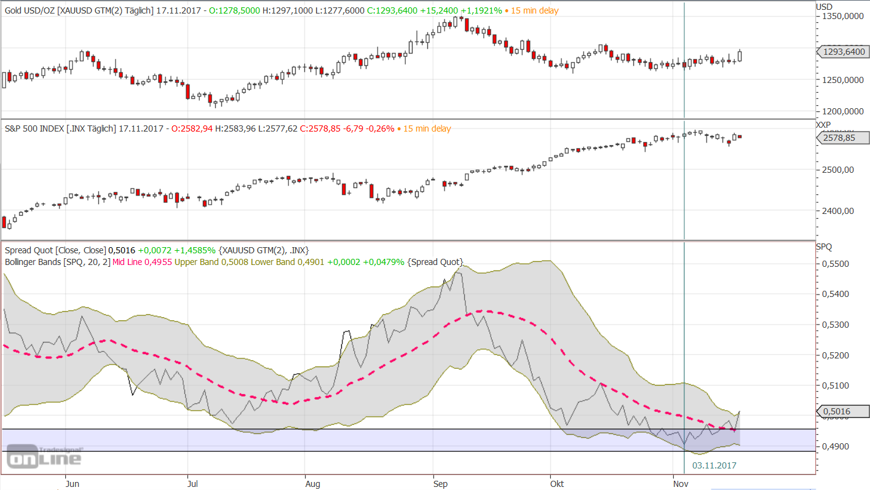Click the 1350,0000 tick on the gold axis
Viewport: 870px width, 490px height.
(840, 17)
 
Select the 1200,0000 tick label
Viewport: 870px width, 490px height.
(840, 111)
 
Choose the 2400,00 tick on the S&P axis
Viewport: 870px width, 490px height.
(837, 211)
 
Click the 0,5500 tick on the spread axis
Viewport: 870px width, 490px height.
(836, 264)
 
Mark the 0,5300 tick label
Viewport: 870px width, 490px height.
(836, 325)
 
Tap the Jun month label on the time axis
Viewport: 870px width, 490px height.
(72, 484)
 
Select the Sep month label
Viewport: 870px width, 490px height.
(440, 484)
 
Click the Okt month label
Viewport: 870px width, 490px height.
(557, 484)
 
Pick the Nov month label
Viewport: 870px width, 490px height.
(680, 484)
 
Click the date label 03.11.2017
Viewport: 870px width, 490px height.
(714, 465)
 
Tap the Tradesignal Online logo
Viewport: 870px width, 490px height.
(44, 456)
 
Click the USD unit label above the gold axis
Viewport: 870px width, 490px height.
(824, 7)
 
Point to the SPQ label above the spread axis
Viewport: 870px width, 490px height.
(824, 247)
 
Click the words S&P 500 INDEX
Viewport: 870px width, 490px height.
(33, 128)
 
